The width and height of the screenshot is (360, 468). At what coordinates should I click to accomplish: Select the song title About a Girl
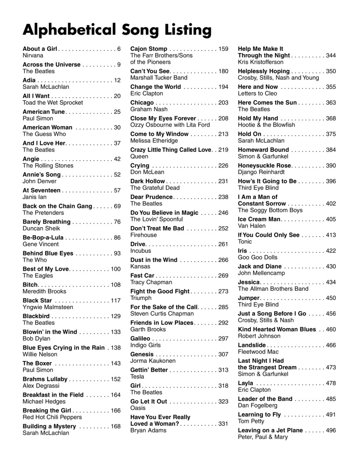coord(40,49)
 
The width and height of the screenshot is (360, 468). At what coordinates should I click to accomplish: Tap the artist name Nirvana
coord(32,55)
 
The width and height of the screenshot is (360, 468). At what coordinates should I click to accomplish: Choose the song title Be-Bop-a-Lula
coord(43,237)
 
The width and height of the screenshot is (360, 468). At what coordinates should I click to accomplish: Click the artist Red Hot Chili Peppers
coord(52,417)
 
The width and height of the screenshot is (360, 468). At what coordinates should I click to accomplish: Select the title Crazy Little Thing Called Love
coord(171,150)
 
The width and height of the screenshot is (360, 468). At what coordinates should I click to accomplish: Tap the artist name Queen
coord(139,156)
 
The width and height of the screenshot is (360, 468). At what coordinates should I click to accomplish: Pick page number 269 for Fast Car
coord(223,275)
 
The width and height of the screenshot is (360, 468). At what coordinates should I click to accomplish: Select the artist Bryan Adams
coord(148,430)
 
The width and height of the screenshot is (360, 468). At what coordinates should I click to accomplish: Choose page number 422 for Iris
coord(331,251)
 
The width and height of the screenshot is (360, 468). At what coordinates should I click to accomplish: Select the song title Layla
coord(245,383)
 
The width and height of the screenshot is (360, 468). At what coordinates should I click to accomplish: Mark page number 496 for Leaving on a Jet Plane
coord(331,430)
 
